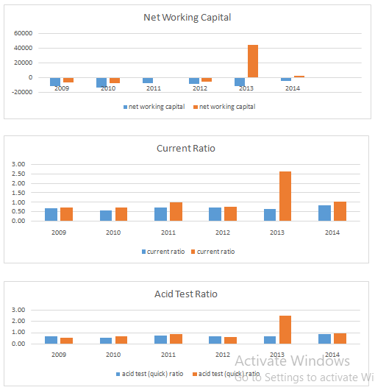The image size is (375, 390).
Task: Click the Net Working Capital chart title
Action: (x=187, y=18)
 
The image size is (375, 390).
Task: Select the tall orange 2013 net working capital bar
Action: (x=253, y=61)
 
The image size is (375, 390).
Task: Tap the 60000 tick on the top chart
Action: (x=23, y=33)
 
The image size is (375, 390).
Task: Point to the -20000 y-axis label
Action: (x=22, y=92)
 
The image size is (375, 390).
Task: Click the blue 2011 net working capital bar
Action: (x=148, y=80)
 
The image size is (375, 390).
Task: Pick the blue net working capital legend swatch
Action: (x=126, y=107)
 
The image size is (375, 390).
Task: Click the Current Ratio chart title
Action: (x=186, y=149)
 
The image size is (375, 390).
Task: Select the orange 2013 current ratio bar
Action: (x=285, y=196)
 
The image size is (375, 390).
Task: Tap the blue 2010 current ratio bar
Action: (x=106, y=216)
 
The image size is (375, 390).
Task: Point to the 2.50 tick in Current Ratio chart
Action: (x=18, y=174)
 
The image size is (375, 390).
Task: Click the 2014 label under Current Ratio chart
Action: (x=332, y=233)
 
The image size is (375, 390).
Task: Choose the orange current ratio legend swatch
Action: (x=193, y=252)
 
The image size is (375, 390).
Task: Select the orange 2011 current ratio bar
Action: (x=176, y=212)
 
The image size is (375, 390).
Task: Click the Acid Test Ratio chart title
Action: (x=186, y=294)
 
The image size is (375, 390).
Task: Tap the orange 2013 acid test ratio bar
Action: (x=285, y=330)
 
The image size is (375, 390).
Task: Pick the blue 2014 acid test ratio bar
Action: (x=324, y=339)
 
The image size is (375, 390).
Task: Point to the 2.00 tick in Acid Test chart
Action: (x=18, y=321)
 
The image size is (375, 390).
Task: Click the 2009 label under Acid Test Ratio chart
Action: (x=59, y=355)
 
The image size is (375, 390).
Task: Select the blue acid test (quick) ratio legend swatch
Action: (x=118, y=375)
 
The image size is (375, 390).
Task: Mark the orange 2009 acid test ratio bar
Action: (x=67, y=341)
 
